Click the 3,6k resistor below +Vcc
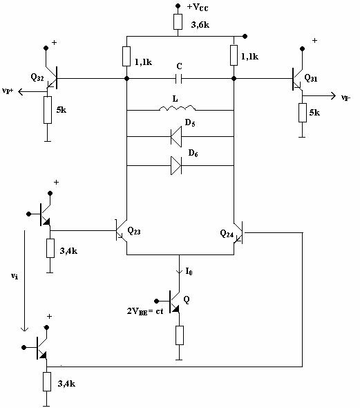click(178, 21)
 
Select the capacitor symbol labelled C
click(178, 78)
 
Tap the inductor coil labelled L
click(177, 108)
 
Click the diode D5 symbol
click(176, 136)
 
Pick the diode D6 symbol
click(176, 165)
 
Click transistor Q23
click(121, 230)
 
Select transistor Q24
click(238, 232)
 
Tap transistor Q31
click(297, 79)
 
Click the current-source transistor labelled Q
click(174, 302)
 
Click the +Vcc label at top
click(198, 7)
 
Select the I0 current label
click(189, 272)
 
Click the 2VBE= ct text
click(145, 311)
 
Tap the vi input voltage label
click(15, 276)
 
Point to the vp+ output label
click(8, 91)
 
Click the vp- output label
click(346, 98)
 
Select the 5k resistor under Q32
click(48, 110)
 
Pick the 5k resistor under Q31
click(302, 113)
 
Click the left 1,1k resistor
click(126, 56)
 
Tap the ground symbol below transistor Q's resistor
click(179, 359)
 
